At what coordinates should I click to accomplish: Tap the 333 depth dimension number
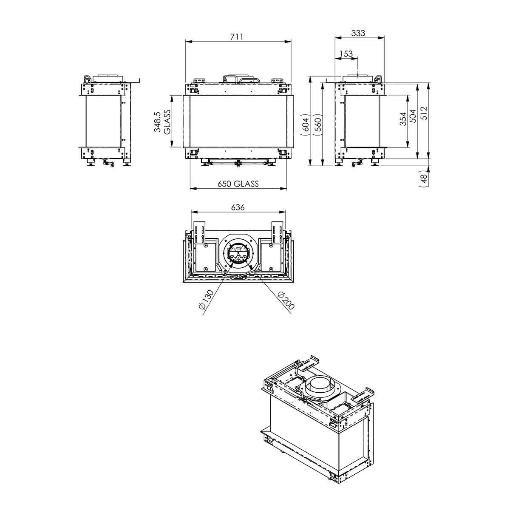point(358,33)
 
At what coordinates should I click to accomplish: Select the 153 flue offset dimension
point(346,54)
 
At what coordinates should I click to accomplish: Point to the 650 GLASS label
point(238,184)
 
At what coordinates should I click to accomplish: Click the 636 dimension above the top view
point(238,207)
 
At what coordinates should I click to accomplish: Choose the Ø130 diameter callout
point(206,300)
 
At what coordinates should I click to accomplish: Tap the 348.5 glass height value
point(157,122)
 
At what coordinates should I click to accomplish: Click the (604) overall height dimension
point(306,124)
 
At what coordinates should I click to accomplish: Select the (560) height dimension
point(317,124)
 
